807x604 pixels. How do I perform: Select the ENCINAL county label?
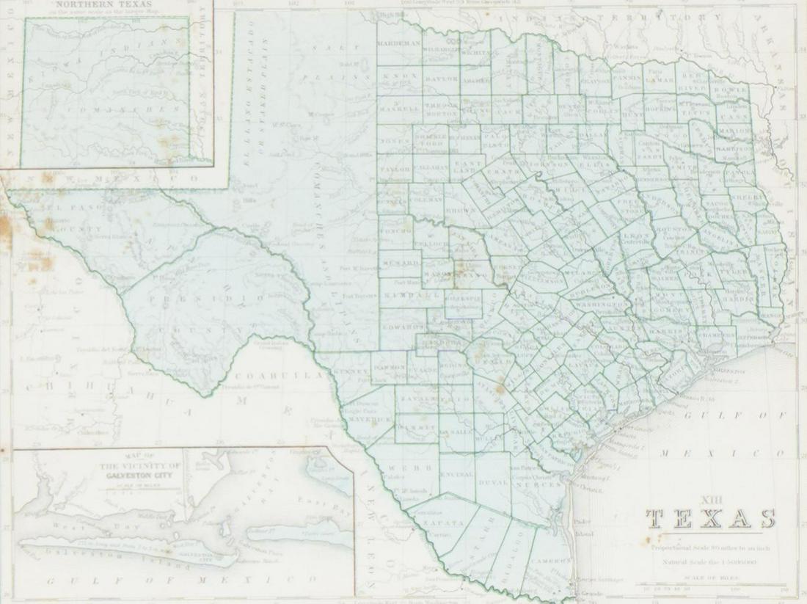click(457, 475)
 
